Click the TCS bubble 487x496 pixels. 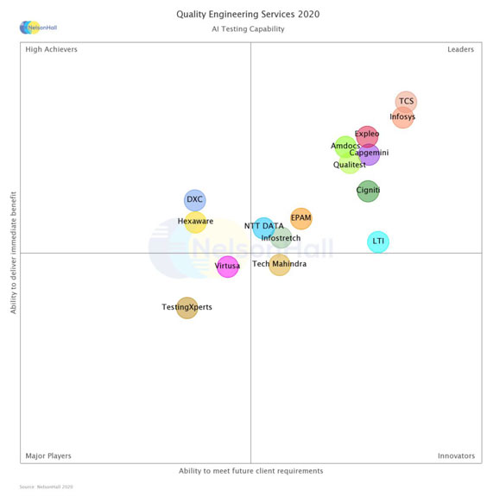point(406,102)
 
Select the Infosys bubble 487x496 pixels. point(402,116)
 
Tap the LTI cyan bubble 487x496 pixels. point(378,242)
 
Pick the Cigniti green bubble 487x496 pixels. point(368,191)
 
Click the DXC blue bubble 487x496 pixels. point(195,200)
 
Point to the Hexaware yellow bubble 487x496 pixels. point(195,222)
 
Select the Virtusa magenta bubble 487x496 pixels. point(227,267)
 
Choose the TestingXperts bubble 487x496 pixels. point(187,307)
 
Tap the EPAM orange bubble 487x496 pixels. point(300,218)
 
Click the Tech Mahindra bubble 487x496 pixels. point(279,265)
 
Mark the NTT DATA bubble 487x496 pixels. point(263,227)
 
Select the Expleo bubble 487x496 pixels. point(367,135)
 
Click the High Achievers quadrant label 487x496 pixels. point(51,50)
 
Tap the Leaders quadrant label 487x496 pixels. point(460,50)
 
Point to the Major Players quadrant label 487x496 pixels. point(48,455)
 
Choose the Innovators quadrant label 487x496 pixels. point(456,455)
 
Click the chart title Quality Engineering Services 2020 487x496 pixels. point(248,15)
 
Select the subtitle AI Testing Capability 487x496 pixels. point(248,29)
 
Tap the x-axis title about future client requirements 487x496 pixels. point(250,471)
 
